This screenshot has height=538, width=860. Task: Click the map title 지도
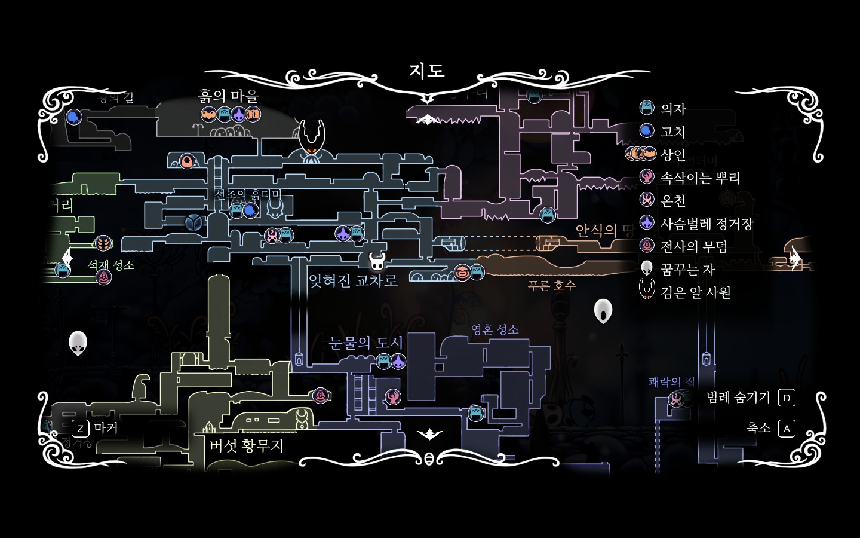[426, 71]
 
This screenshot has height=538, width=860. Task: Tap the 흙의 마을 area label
[229, 96]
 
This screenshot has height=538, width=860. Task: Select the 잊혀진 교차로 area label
[353, 280]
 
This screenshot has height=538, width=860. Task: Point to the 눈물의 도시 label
[366, 343]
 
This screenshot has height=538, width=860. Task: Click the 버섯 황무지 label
[246, 445]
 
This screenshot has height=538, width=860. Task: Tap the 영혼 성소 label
[494, 329]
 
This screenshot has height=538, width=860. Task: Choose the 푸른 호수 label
[551, 286]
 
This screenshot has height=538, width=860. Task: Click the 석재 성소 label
[111, 265]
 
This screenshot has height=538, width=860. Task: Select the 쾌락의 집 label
[671, 381]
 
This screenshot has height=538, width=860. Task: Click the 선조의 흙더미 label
[247, 195]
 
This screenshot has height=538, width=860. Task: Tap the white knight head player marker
[376, 261]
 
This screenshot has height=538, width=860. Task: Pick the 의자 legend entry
[673, 109]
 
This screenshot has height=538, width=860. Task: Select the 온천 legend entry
[673, 201]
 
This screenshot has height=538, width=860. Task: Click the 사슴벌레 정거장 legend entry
[707, 224]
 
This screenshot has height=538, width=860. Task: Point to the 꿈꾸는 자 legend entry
[687, 270]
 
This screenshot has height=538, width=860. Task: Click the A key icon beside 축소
[787, 429]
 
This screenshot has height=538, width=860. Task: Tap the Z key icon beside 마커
[80, 429]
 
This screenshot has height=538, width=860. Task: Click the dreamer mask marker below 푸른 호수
[603, 311]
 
